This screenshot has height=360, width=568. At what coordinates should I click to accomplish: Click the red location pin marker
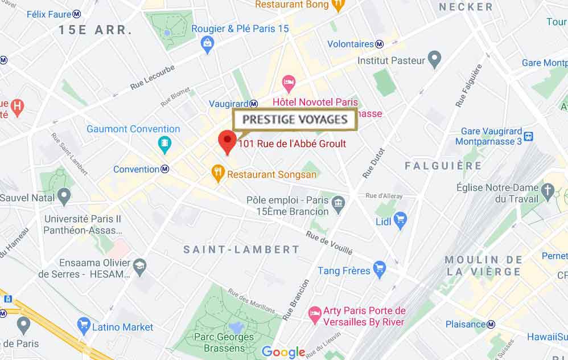click(x=228, y=140)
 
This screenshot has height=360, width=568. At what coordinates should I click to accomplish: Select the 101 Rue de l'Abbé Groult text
click(x=293, y=144)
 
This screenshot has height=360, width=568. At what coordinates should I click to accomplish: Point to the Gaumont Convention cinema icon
click(x=164, y=143)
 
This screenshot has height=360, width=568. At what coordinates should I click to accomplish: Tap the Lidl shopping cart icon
click(x=400, y=219)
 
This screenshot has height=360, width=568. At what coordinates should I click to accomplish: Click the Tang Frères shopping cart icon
click(x=380, y=269)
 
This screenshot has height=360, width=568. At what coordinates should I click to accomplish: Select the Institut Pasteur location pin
click(x=435, y=59)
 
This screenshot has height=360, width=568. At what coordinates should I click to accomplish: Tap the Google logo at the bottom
click(x=283, y=351)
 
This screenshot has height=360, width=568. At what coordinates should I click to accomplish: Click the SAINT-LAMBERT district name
click(x=241, y=249)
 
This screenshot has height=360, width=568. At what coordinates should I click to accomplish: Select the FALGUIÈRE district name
click(x=443, y=166)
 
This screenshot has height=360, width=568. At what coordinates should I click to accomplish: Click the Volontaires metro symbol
click(x=380, y=44)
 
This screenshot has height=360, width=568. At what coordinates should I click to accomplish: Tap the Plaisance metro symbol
click(x=491, y=324)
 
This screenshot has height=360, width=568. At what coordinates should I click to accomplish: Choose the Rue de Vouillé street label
click(x=329, y=243)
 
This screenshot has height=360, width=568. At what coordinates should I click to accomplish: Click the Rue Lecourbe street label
click(x=152, y=77)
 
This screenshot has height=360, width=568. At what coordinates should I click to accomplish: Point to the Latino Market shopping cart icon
click(x=84, y=326)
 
